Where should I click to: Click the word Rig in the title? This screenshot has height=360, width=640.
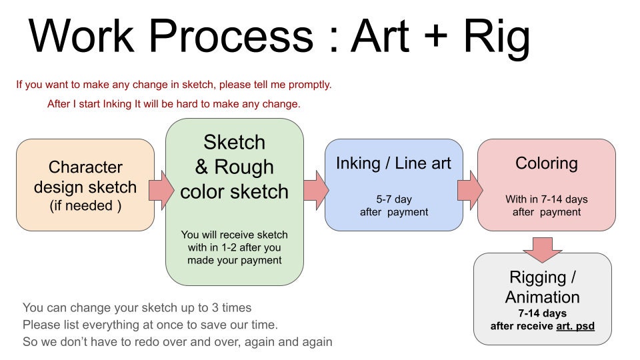click(497, 37)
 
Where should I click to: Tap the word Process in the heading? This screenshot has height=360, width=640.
click(231, 36)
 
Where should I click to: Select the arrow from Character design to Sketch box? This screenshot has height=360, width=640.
click(161, 190)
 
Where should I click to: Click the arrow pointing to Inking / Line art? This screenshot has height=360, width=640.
click(316, 190)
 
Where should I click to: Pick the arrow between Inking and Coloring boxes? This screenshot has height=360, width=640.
click(470, 190)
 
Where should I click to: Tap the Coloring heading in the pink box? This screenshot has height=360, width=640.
click(547, 163)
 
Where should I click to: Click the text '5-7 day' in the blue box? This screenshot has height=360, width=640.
click(394, 199)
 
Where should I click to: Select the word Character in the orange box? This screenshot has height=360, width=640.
click(85, 167)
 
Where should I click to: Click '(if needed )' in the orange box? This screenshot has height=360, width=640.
click(85, 205)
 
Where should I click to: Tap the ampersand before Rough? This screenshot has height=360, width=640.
click(201, 167)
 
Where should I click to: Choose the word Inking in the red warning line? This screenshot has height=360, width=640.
click(117, 104)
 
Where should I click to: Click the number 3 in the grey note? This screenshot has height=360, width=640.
click(215, 308)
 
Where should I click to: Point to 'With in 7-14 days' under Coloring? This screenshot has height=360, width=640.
click(547, 199)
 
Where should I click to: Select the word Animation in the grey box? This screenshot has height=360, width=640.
click(543, 297)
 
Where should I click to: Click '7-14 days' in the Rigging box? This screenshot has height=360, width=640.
click(543, 313)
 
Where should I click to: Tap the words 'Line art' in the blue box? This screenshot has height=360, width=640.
click(423, 163)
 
